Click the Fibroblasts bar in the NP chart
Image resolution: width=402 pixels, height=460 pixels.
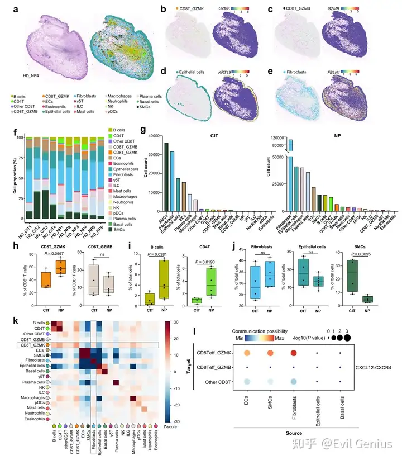point(290,168)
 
